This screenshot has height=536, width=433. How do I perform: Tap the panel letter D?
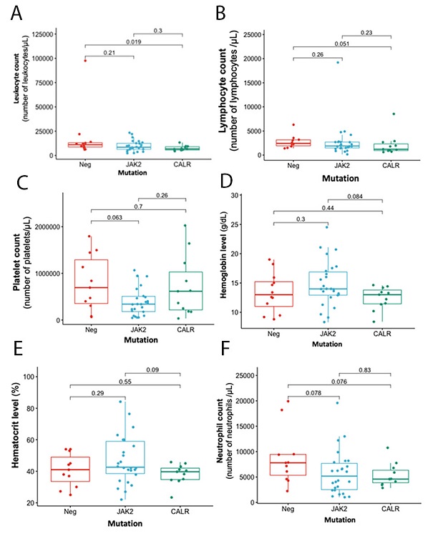point(225,186)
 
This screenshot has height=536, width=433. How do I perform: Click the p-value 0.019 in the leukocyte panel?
point(134,42)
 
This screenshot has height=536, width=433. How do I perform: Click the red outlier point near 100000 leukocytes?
point(84,61)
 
